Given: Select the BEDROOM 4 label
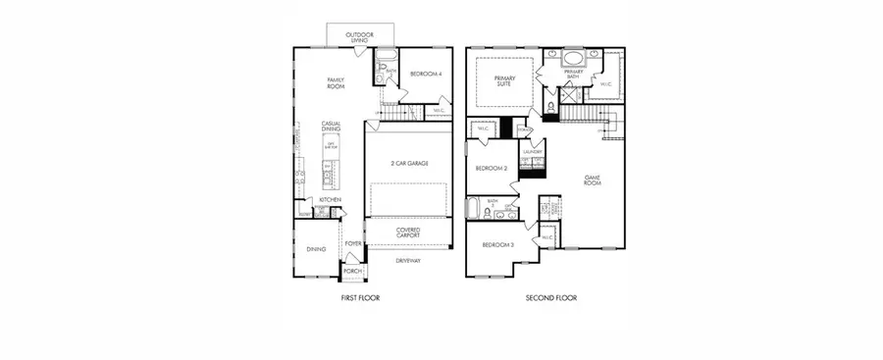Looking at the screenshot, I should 423,74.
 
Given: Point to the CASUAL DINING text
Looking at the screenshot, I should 331,127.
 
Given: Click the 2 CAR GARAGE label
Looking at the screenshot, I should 407,163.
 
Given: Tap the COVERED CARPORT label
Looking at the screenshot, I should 408,233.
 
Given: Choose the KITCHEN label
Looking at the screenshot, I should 329,200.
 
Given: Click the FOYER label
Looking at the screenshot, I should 352,243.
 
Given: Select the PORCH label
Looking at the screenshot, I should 352,271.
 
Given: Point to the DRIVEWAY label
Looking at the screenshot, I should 408,261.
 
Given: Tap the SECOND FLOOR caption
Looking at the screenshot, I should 550,297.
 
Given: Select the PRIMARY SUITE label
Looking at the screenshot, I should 504,81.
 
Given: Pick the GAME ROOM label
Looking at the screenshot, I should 592,180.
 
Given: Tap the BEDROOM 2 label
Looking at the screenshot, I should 490,168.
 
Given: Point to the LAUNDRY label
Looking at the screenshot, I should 533,152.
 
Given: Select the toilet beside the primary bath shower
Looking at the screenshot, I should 550,106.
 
